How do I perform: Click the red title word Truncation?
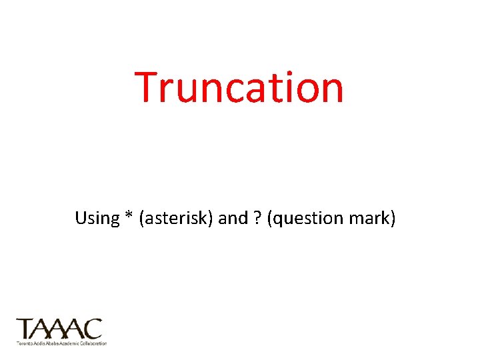click(239, 87)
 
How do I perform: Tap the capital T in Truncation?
click(148, 87)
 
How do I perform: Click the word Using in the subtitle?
click(97, 219)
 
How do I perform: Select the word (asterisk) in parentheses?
click(176, 219)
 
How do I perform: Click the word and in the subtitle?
click(233, 219)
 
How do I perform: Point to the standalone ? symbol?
click(257, 219)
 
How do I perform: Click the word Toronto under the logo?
click(23, 343)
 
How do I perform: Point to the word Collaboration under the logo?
click(93, 343)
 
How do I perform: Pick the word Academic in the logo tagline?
click(69, 343)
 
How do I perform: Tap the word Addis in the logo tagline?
click(37, 343)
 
